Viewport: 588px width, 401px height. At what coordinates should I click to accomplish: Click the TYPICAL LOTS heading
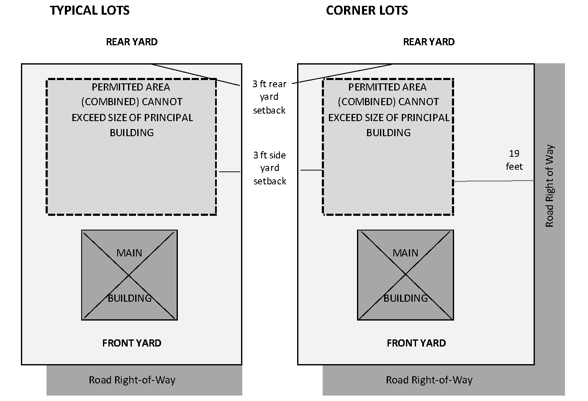coord(90,10)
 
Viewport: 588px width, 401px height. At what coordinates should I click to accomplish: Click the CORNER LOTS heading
coord(367,10)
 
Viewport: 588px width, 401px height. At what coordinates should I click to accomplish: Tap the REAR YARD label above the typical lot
coord(131,42)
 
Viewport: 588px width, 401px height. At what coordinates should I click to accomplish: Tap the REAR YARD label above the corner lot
coord(429,42)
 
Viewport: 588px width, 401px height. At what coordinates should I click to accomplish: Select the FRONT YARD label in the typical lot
coord(131,343)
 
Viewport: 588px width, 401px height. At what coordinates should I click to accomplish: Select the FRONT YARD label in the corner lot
coord(416,343)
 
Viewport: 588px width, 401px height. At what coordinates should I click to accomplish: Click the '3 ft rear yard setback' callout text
coord(269,97)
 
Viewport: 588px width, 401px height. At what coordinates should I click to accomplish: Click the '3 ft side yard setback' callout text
coord(270,168)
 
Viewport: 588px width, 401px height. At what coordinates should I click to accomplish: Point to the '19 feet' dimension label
coord(514,160)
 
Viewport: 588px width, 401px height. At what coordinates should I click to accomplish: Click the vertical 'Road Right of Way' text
coord(549,186)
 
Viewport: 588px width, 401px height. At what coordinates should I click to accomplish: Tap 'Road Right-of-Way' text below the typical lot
coord(132,380)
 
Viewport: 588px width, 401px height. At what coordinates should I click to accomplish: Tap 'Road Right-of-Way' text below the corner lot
coord(429,380)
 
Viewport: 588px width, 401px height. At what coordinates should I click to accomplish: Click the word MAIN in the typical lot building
coord(129,253)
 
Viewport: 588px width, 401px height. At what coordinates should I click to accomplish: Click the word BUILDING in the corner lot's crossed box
coord(406,298)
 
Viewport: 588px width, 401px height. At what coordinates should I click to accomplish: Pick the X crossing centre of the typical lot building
coord(129,275)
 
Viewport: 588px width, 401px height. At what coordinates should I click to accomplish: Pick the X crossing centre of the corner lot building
coord(405,275)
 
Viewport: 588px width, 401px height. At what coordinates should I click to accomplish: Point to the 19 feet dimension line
coord(494,181)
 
